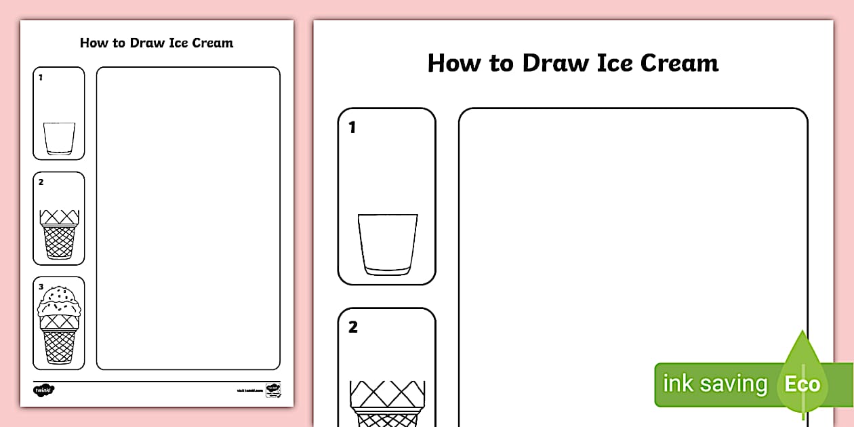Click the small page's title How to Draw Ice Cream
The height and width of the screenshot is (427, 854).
pyautogui.click(x=157, y=43)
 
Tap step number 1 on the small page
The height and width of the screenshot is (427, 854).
pyautogui.click(x=41, y=77)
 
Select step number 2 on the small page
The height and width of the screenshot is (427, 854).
pyautogui.click(x=41, y=182)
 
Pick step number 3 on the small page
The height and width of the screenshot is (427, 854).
pyautogui.click(x=41, y=287)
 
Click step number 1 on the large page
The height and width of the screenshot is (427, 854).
pyautogui.click(x=352, y=127)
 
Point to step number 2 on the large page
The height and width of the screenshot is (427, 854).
pyautogui.click(x=352, y=327)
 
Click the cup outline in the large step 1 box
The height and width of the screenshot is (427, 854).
pyautogui.click(x=387, y=245)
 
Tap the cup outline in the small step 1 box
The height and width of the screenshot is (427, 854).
pyautogui.click(x=59, y=139)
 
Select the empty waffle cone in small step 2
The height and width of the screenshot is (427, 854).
pyautogui.click(x=59, y=234)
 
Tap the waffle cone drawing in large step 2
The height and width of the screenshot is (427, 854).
pyautogui.click(x=387, y=404)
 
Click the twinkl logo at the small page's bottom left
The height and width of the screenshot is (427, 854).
pyautogui.click(x=43, y=390)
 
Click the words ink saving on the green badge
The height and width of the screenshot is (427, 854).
pyautogui.click(x=714, y=384)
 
